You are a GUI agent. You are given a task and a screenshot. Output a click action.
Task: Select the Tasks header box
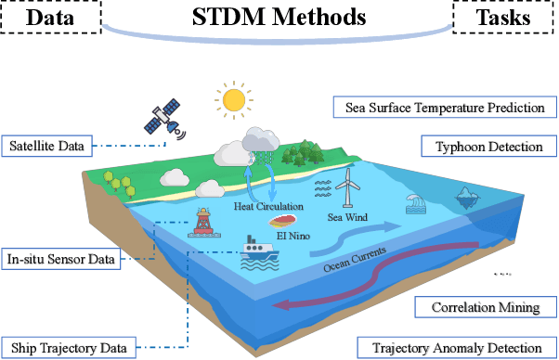(x=504, y=19)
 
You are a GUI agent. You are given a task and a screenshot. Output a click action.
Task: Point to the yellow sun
(x=233, y=98)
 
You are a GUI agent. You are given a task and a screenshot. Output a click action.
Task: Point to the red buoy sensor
(x=205, y=224)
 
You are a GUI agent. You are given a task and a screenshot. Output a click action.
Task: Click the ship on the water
(x=254, y=251)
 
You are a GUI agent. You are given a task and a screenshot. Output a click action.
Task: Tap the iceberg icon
(x=468, y=196)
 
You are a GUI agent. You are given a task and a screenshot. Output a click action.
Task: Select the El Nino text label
(x=293, y=236)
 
